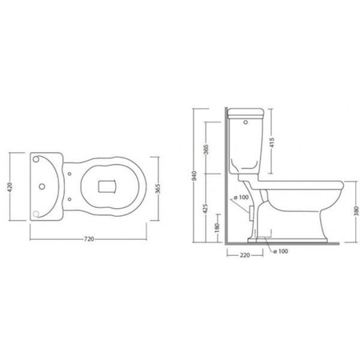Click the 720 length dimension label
[89, 239]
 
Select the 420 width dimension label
[10, 187]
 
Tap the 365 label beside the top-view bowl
[158, 189]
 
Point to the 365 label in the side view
[206, 150]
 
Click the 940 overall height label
[194, 176]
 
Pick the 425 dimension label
[206, 209]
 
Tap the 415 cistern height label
[272, 142]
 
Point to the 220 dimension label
[245, 255]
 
